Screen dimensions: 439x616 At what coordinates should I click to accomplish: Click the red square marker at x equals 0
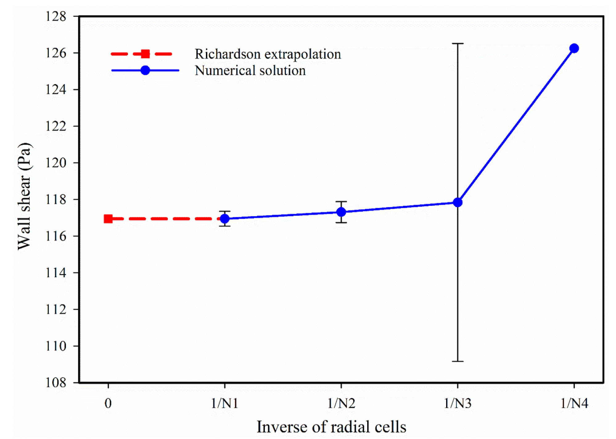coord(108,219)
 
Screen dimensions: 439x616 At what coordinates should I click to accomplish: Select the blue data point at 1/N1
coord(225,219)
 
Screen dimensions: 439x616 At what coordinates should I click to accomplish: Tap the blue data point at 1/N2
coord(341,212)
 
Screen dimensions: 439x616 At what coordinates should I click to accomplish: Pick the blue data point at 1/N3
coord(458,202)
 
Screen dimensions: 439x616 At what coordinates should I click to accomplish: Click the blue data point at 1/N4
coord(574,48)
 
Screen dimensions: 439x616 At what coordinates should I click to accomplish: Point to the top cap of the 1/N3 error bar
coord(458,44)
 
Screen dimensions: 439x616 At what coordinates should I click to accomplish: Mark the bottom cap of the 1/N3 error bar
coord(458,361)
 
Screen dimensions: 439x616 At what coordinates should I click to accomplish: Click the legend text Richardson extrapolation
coord(268,54)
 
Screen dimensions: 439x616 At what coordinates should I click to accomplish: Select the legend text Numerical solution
coord(250,71)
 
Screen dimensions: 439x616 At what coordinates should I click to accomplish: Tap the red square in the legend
coord(145,54)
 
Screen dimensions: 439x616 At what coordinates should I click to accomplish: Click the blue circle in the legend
coord(145,71)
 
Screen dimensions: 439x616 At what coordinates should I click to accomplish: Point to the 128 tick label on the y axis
coord(56,16)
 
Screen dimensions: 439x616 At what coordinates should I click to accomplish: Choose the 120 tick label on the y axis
coord(56,163)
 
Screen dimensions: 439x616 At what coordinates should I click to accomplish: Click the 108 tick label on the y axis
coord(56,383)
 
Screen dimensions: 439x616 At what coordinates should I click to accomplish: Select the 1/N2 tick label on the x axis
coord(341,403)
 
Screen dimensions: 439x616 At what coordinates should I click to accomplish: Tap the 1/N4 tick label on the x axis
coord(574,403)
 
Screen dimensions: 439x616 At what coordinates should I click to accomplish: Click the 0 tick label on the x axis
coord(108,403)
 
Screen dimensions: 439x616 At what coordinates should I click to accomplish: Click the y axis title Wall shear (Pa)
coord(24,196)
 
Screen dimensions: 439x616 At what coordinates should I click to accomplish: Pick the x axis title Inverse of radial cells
coord(331,427)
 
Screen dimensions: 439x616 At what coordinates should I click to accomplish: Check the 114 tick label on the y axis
coord(56,273)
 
